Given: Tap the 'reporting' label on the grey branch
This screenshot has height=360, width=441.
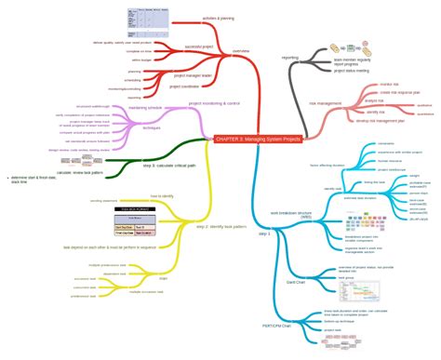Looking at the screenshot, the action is tap(290, 57).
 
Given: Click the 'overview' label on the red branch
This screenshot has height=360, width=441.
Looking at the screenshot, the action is tap(241, 51).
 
